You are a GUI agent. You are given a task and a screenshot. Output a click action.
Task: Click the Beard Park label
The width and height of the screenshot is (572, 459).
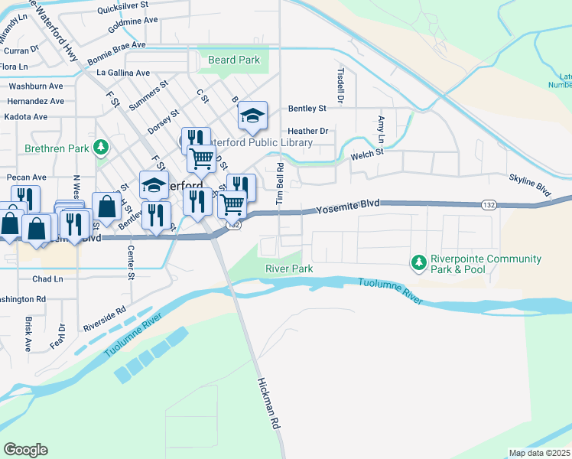[234, 60]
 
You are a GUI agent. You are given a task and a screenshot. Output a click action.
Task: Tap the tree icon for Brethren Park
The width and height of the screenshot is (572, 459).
[100, 147]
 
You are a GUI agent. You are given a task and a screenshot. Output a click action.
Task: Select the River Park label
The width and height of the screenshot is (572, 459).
[289, 269]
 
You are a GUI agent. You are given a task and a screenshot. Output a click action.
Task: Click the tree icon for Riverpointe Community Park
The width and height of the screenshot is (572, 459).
[418, 263]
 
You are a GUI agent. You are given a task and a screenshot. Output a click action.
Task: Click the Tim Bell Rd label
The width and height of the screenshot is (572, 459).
[280, 183]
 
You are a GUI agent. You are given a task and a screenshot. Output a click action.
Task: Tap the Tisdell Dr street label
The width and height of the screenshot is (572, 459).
[341, 84]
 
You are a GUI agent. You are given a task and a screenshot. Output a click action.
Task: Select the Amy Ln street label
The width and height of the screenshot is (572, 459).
[381, 129]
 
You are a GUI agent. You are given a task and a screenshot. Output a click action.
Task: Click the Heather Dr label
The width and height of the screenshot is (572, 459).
[308, 132]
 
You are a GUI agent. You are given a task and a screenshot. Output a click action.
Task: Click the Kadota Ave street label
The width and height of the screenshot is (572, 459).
[26, 117]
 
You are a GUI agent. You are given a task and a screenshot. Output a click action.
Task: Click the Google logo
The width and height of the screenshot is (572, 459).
[25, 449]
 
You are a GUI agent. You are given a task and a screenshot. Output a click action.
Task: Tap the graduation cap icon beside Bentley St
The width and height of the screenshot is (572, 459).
[252, 116]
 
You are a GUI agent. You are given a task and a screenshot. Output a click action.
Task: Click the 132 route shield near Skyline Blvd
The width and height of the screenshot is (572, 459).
[489, 205]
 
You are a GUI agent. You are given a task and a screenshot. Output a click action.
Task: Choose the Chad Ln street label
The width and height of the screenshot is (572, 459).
[47, 279]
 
